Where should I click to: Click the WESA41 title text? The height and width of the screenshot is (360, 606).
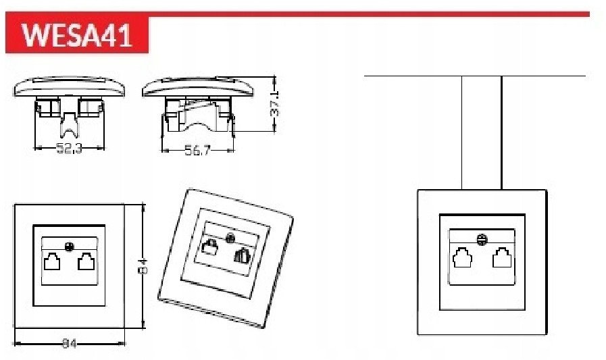[77, 35]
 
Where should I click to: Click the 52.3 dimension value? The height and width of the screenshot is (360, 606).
[70, 149]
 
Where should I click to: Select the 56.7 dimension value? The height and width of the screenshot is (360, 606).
[197, 151]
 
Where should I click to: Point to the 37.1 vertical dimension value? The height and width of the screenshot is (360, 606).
[275, 103]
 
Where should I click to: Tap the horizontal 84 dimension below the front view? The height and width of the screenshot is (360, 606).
[70, 343]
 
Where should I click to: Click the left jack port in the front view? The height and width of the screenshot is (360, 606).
[52, 261]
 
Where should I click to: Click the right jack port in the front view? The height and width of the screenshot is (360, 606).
[86, 261]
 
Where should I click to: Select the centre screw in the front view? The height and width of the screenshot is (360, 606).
[69, 246]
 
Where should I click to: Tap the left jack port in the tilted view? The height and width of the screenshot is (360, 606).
[209, 248]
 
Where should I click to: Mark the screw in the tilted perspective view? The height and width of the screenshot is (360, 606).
[230, 238]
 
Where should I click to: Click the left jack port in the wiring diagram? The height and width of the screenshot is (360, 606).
[462, 257]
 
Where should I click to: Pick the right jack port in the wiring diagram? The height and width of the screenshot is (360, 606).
[502, 257]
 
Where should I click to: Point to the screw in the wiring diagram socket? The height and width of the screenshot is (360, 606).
[482, 240]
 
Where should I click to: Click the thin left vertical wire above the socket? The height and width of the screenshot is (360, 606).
[462, 132]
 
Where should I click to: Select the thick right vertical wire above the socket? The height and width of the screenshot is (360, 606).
[502, 132]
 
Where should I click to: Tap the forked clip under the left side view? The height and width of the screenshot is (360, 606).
[69, 124]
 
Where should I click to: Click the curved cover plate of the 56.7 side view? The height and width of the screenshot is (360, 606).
[198, 87]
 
